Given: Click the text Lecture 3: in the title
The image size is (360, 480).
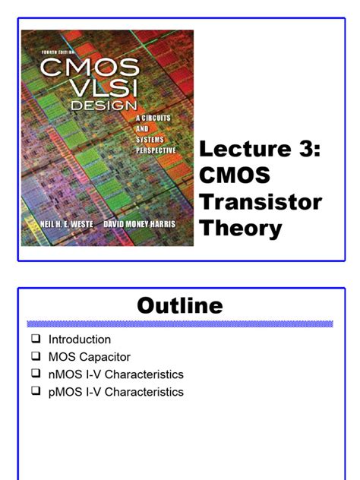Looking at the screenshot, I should click(260, 150).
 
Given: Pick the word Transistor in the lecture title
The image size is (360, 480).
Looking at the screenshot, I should click(260, 202).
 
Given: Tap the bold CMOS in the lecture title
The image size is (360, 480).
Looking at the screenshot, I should click(235, 176).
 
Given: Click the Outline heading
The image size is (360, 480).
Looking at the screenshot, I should click(180, 305).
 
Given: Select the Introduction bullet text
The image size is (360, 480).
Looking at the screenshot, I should click(80, 339).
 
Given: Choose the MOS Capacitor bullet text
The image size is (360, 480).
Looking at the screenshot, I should click(90, 357).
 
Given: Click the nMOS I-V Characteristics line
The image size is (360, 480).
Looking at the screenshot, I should click(116, 374).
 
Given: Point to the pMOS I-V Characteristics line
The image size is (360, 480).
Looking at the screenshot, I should click(116, 392).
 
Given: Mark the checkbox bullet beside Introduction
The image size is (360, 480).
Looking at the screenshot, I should click(35, 339).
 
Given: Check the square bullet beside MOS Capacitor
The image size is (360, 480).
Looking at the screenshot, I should click(35, 357).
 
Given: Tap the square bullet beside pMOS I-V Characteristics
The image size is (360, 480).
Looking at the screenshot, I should click(35, 392).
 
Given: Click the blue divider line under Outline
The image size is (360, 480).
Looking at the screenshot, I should click(180, 324).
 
